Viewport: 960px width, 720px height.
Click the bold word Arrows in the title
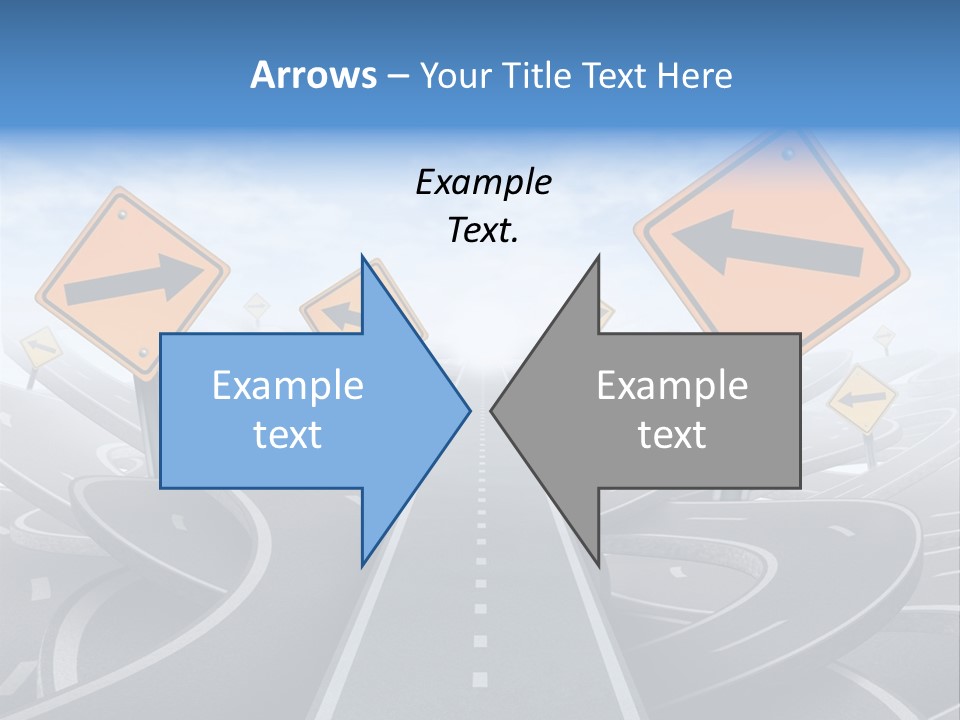314,75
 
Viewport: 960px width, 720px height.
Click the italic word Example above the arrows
484,183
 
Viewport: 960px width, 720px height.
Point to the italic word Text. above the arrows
484,231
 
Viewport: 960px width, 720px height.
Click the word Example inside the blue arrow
288,386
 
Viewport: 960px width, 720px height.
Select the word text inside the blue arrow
288,435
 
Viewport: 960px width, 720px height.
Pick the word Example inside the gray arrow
672,386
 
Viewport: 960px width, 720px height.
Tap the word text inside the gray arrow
672,435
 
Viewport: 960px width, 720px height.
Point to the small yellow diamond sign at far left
40,349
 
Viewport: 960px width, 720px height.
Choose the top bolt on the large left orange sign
123,214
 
